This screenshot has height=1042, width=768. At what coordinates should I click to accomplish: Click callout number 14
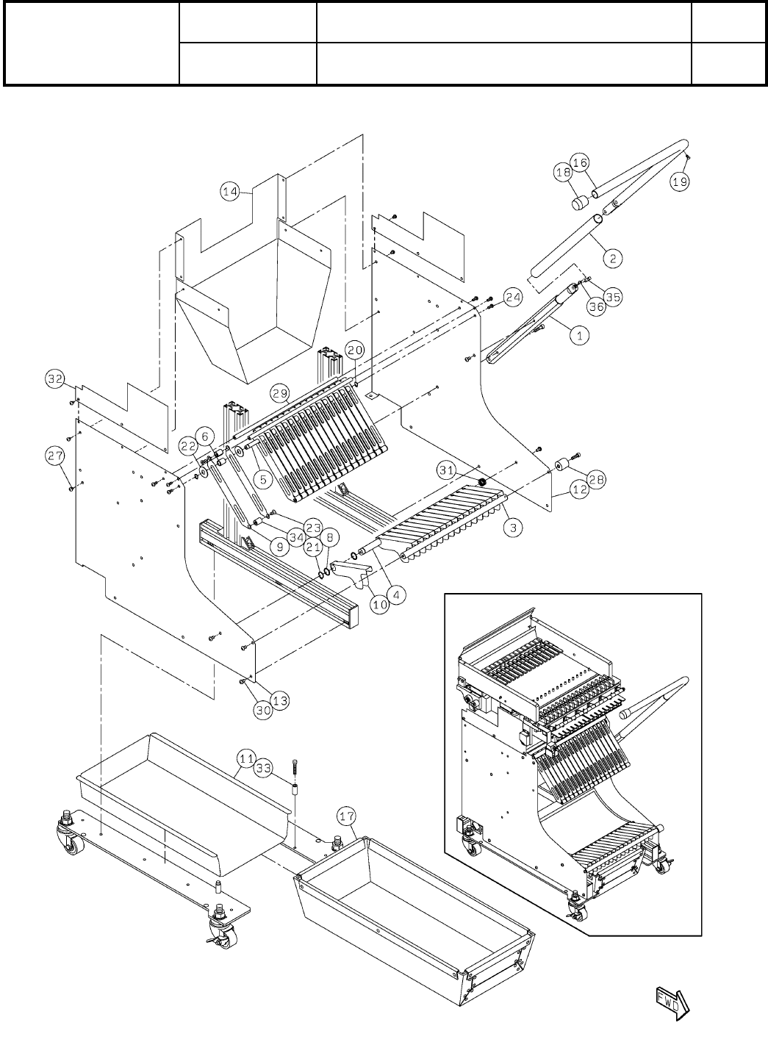click(230, 192)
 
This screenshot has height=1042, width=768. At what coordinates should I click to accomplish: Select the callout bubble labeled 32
click(54, 379)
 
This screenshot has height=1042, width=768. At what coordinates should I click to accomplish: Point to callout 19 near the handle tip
click(681, 183)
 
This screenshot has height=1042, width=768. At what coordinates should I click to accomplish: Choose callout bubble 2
click(613, 258)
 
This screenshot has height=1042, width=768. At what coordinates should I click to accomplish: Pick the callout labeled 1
click(580, 335)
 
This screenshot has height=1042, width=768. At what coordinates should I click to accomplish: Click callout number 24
click(512, 298)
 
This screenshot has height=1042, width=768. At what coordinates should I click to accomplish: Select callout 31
click(466, 468)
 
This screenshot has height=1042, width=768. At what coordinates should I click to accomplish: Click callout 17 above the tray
click(346, 816)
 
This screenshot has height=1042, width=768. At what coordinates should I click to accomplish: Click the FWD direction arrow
click(670, 1000)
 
